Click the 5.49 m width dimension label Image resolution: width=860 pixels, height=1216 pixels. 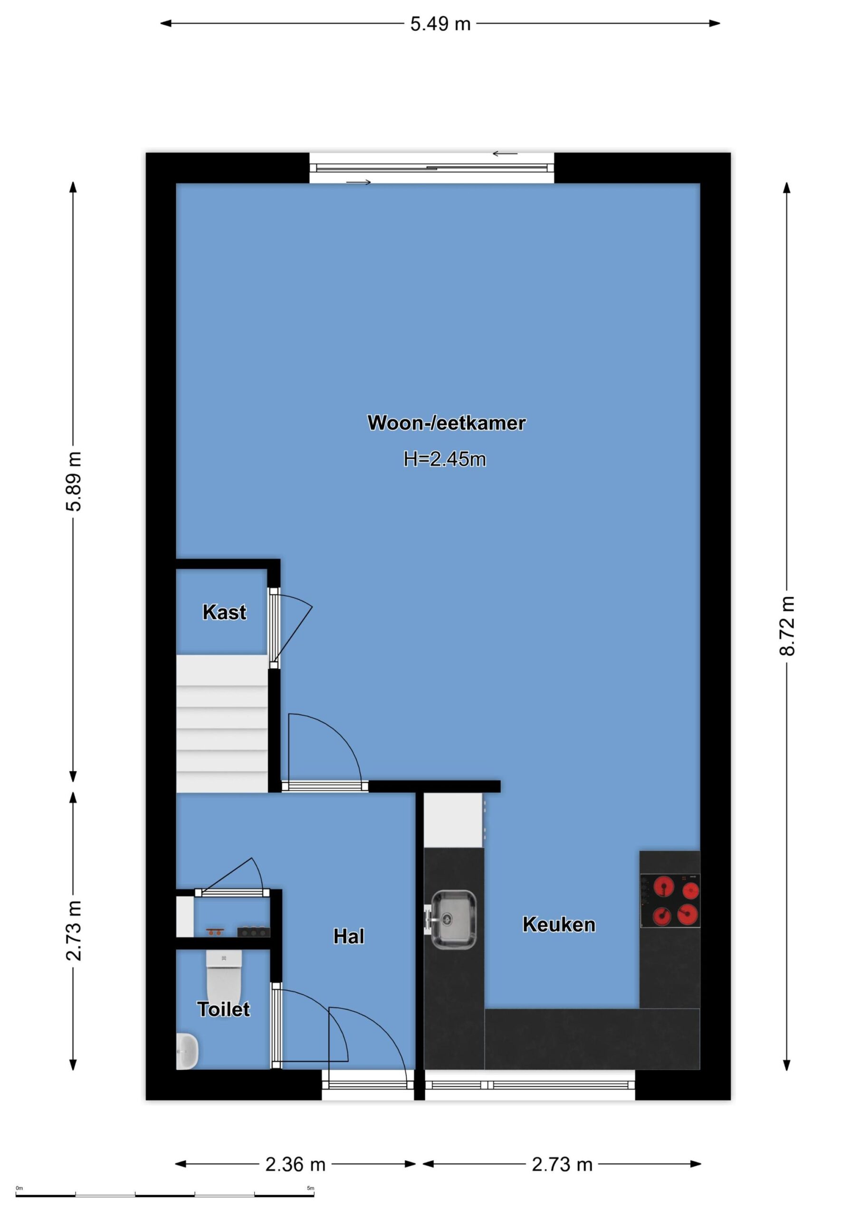coord(440,24)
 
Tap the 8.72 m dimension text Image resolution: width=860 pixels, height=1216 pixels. coord(787,626)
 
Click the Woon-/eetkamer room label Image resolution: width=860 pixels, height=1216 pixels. coord(446,423)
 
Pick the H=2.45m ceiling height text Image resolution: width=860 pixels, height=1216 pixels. coord(445,459)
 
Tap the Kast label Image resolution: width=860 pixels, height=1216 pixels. coord(224,612)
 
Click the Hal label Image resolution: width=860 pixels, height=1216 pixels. coord(349,936)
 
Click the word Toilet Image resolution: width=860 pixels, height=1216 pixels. coord(223,1009)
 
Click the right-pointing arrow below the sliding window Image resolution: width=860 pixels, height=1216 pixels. coord(359,182)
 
